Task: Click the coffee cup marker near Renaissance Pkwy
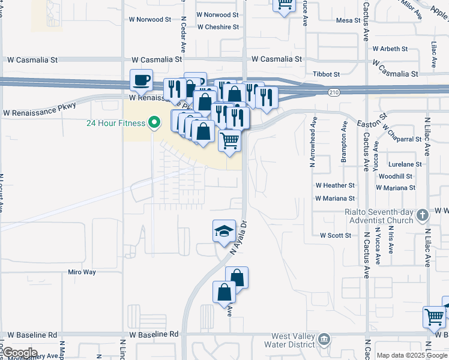(142, 80)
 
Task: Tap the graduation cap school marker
(224, 230)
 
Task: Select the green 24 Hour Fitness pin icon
(154, 124)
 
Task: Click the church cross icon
(422, 215)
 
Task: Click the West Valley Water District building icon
(325, 340)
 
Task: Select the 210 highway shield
(334, 92)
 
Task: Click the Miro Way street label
(82, 272)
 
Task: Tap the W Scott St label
(336, 236)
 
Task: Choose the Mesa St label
(348, 20)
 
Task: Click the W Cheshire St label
(218, 27)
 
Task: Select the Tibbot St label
(327, 74)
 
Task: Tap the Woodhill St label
(396, 176)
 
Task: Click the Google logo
(20, 353)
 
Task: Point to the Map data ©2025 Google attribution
(412, 355)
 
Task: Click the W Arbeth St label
(390, 49)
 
